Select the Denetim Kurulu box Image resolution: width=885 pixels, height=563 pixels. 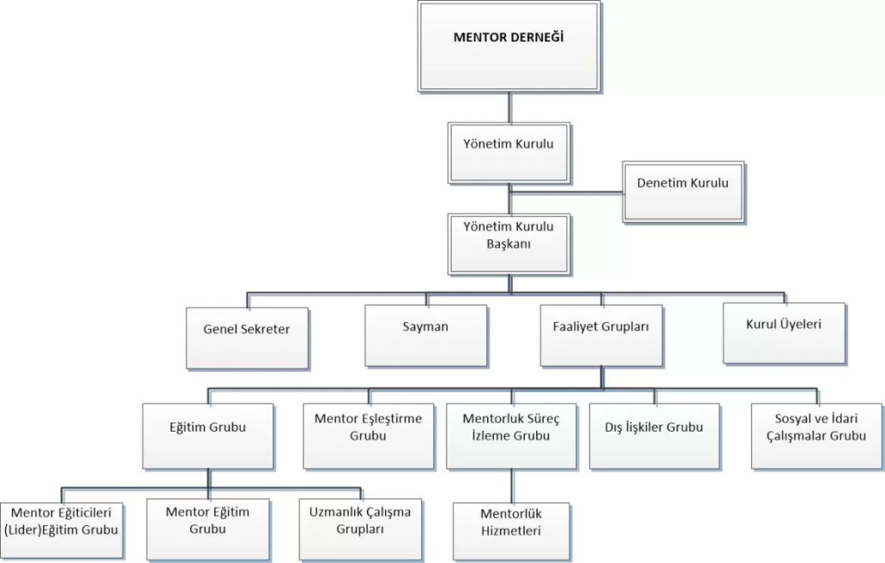coord(682,191)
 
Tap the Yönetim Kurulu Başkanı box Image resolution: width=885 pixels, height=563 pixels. coord(509,243)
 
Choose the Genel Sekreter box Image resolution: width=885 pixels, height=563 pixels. coord(247,337)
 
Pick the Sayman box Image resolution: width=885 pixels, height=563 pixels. coord(424,335)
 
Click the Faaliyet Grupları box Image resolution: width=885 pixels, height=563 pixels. coord(601,335)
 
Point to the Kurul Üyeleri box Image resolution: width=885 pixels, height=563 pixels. coord(784,332)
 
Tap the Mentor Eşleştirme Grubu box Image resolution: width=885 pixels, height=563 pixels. coord(368,435)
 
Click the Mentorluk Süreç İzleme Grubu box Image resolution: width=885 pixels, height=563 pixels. coord(510,435)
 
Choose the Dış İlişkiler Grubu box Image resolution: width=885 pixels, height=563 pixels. coord(654,435)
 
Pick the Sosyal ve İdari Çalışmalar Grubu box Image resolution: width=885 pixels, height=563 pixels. coord(815,435)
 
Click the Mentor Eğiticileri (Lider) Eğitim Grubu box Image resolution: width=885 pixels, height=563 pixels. coord(61,527)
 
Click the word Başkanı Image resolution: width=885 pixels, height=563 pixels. coord(509,244)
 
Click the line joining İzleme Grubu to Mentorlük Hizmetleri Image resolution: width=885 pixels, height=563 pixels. coord(511,486)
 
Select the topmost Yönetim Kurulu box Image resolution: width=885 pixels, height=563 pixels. coord(509,152)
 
